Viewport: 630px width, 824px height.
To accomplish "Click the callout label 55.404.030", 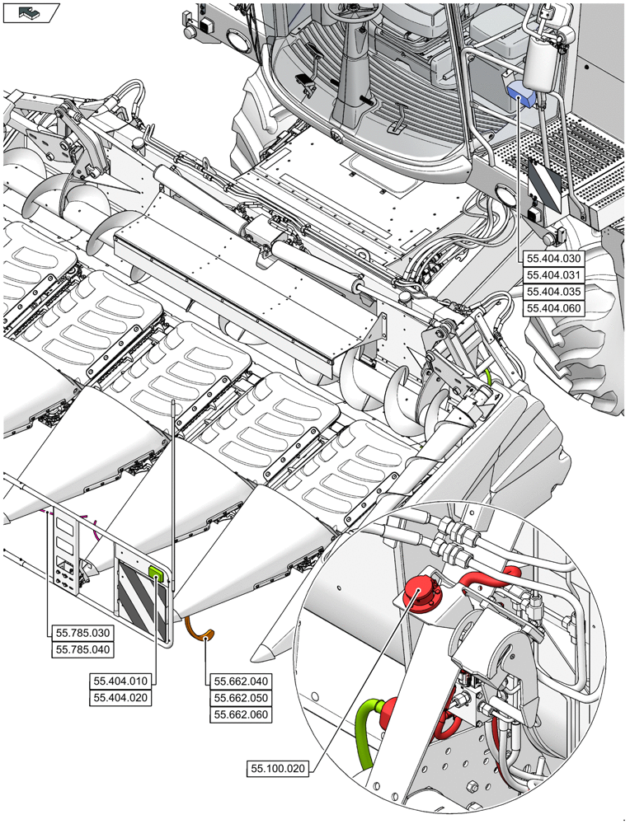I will pyautogui.click(x=554, y=258).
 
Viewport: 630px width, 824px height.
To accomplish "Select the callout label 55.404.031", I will pyautogui.click(x=554, y=275).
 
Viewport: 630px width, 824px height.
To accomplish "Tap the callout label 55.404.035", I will pyautogui.click(x=554, y=292).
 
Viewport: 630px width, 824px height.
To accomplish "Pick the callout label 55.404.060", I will pyautogui.click(x=554, y=309).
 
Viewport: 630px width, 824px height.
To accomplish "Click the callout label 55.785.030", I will pyautogui.click(x=82, y=633).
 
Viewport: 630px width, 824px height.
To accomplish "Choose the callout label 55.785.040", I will pyautogui.click(x=82, y=649).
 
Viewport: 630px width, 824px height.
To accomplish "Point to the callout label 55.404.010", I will pyautogui.click(x=121, y=681).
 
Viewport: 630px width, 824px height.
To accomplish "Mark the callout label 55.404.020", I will pyautogui.click(x=121, y=698).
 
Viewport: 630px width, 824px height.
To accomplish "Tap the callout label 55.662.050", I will pyautogui.click(x=242, y=698).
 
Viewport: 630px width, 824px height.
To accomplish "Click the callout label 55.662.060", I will pyautogui.click(x=242, y=714).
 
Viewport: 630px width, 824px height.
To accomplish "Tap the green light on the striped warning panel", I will pyautogui.click(x=155, y=573).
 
